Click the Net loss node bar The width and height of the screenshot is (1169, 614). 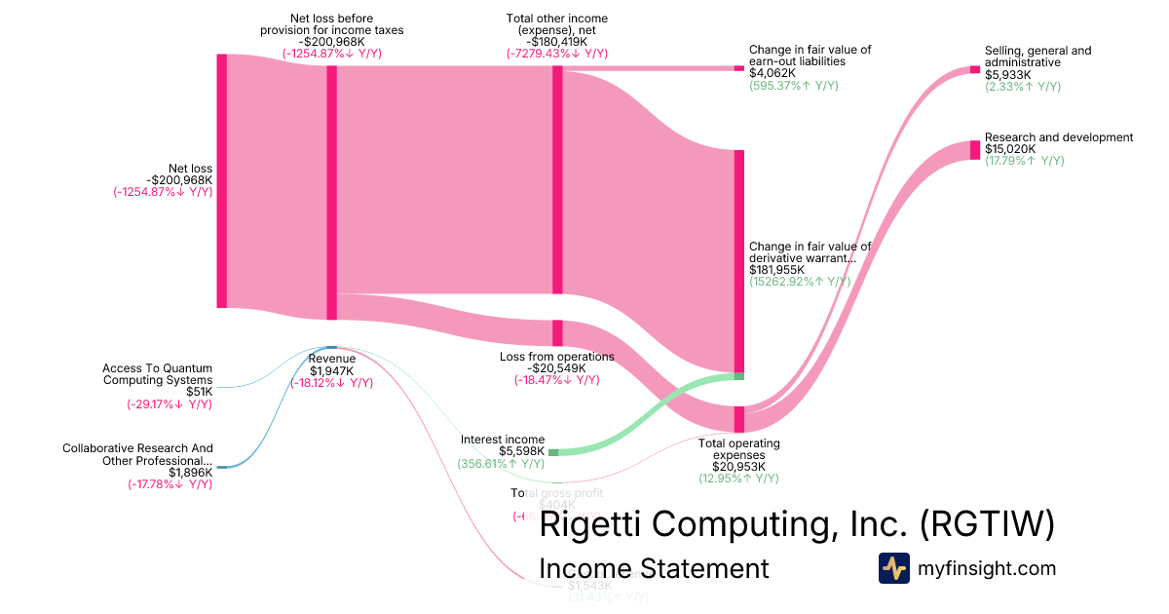coord(221,181)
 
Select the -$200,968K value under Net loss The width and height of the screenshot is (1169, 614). coord(179,180)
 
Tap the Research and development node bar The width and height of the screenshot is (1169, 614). coord(975,150)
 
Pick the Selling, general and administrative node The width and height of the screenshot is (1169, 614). coord(975,69)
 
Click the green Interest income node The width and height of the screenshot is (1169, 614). coord(553,452)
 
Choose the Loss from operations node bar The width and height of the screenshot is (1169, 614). coord(557,332)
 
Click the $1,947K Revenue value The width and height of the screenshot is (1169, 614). coord(331,370)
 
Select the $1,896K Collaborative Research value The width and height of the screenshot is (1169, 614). coord(190,473)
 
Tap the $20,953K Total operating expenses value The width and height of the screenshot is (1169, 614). coord(732,466)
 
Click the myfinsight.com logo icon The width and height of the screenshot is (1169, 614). coord(893,568)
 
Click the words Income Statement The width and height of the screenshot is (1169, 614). coord(654,568)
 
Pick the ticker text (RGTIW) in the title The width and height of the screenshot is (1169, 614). coord(986,524)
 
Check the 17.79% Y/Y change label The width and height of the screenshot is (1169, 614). coord(1024,161)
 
